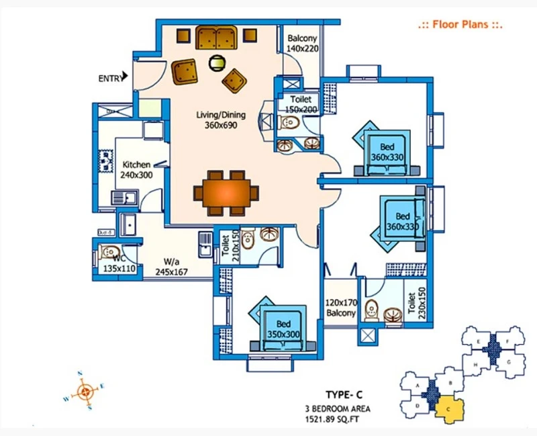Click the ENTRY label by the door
tap(110, 79)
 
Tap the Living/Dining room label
tap(221, 120)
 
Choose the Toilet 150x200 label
tap(300, 104)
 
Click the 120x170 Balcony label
tap(341, 308)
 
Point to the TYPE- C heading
tap(344, 395)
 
